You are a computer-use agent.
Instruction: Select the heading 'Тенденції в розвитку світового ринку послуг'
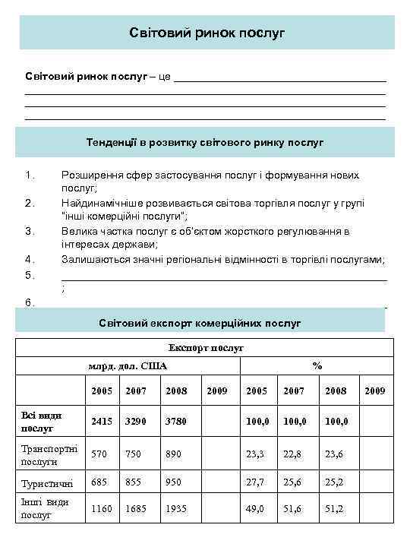205,142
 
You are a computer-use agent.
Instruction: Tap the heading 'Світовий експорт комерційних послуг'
200,324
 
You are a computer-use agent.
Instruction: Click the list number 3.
30,231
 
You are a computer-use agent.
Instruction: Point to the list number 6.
30,302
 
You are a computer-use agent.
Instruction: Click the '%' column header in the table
317,366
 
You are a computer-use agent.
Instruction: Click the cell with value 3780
175,421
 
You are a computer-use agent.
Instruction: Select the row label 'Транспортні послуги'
50,454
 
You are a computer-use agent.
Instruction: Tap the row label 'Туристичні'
47,483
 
